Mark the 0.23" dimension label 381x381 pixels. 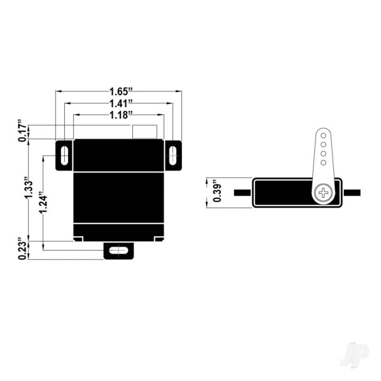click(x=23, y=250)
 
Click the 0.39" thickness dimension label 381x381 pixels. click(x=217, y=192)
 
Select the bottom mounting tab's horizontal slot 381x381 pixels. click(x=119, y=251)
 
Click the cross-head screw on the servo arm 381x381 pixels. click(x=323, y=192)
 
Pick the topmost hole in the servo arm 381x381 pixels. click(x=323, y=136)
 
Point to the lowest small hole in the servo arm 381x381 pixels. click(x=323, y=163)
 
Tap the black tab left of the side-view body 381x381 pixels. click(x=242, y=192)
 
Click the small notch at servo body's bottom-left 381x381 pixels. click(x=78, y=239)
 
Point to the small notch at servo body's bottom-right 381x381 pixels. click(x=159, y=239)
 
